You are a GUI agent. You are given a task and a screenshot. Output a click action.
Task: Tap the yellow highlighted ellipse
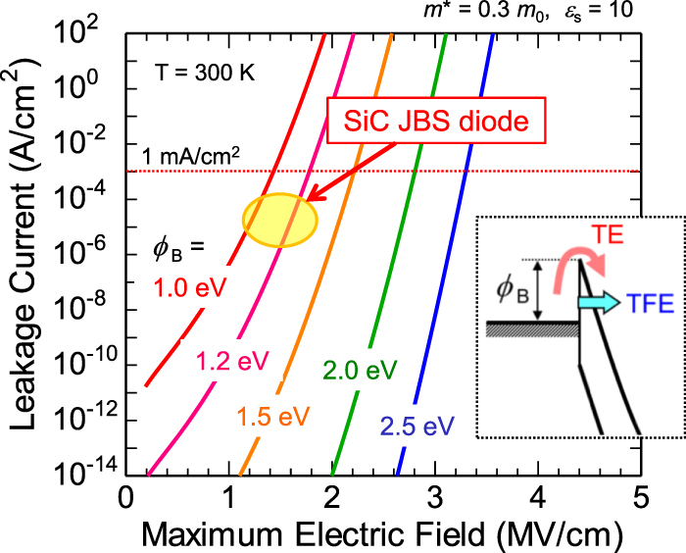[x=279, y=219]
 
